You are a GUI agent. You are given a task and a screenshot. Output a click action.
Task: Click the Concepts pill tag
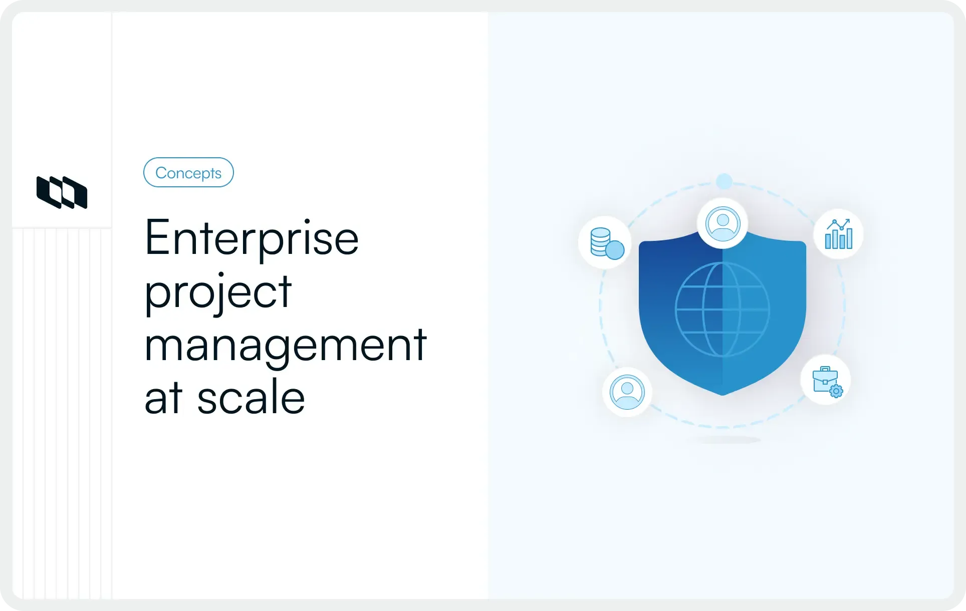click(x=188, y=173)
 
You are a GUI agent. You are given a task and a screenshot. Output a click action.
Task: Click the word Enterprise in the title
click(x=252, y=238)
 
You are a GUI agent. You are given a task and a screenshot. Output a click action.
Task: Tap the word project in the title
click(x=218, y=292)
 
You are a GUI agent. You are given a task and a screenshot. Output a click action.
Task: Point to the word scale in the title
click(x=251, y=398)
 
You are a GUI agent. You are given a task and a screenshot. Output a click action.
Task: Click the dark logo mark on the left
click(x=62, y=192)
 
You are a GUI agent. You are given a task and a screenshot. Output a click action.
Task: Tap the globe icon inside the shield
click(x=722, y=309)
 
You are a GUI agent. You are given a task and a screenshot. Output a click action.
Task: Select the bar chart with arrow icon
click(x=838, y=234)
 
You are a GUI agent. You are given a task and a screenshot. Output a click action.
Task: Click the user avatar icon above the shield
click(x=722, y=223)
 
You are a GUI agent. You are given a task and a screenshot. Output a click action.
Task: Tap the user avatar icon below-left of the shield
click(x=627, y=392)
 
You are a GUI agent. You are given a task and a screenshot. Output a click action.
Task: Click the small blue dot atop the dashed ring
click(x=724, y=181)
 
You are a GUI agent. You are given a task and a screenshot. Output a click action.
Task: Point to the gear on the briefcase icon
click(x=836, y=391)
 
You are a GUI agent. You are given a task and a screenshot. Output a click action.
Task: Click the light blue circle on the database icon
click(x=615, y=250)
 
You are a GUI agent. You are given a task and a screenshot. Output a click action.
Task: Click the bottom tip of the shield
click(x=722, y=394)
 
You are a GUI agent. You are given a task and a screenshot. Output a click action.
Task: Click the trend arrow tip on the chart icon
click(x=848, y=221)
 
